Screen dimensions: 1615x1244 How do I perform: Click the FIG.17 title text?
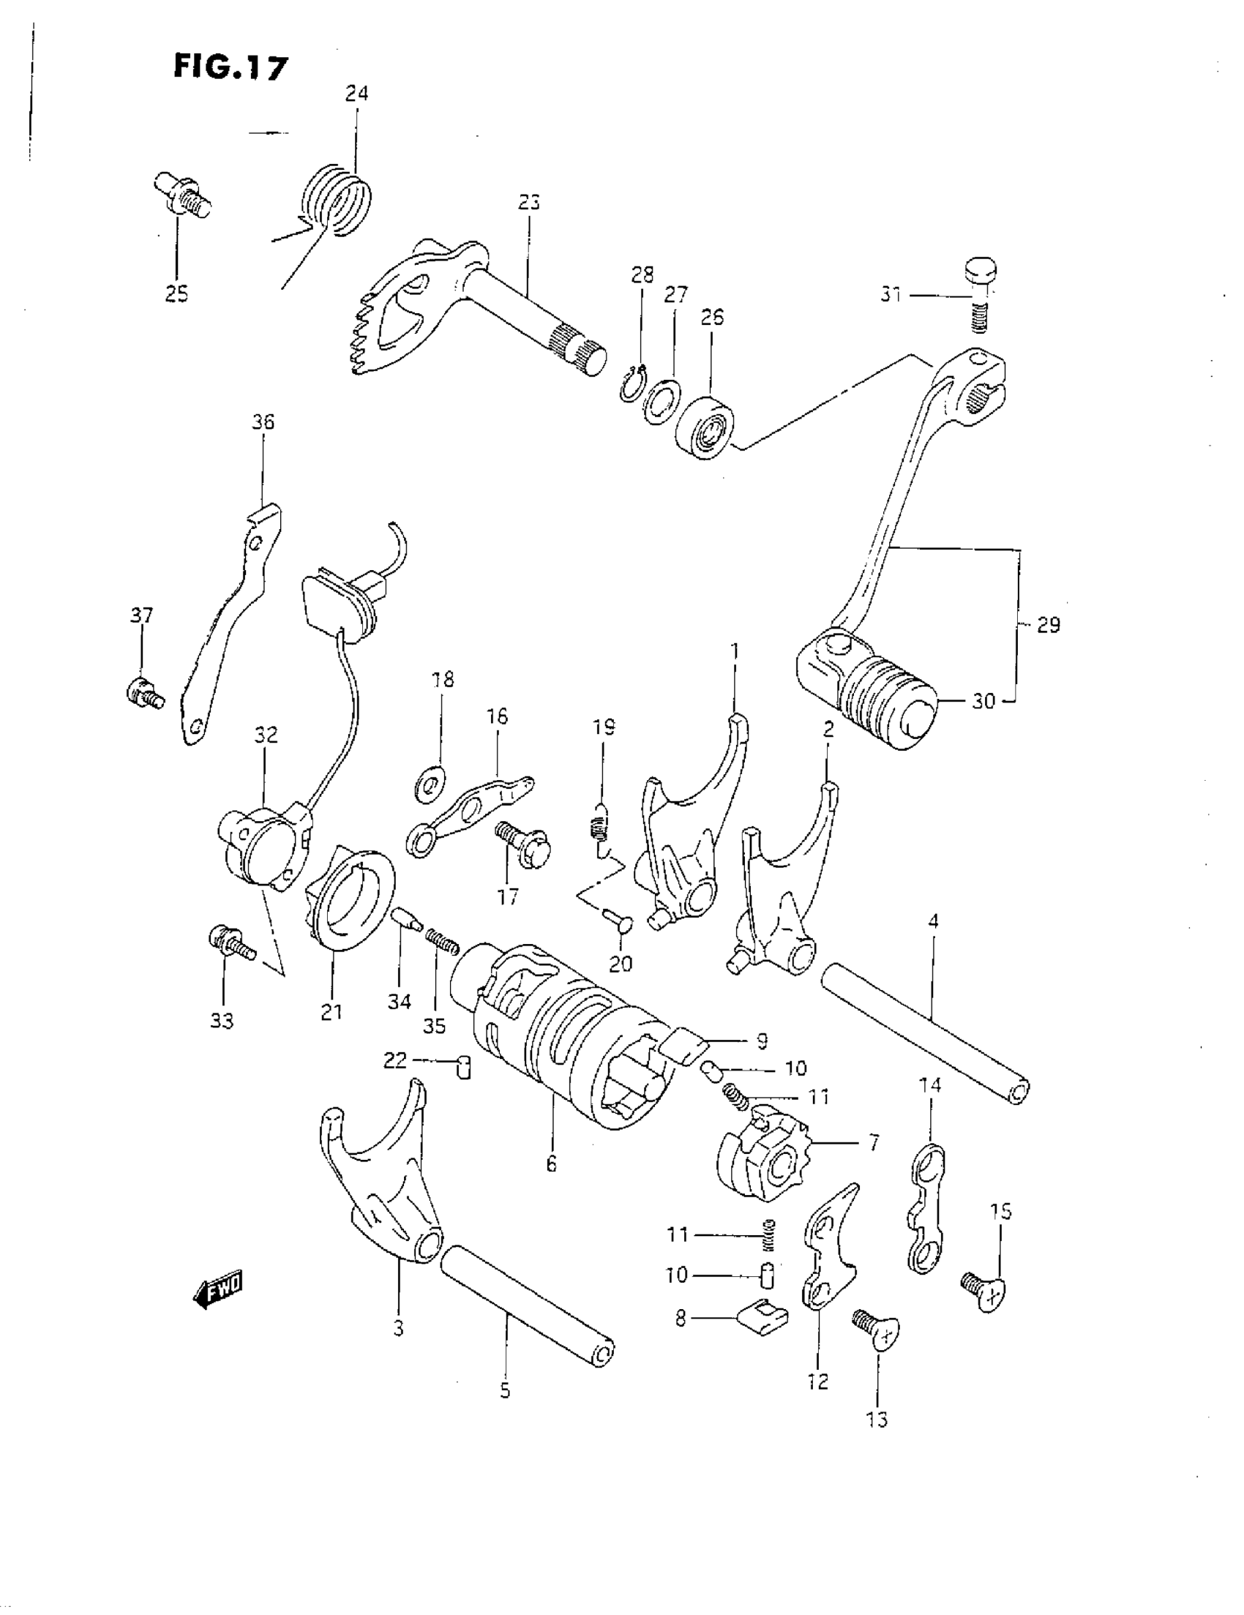tap(230, 67)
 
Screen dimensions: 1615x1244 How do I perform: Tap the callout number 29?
tap(1048, 626)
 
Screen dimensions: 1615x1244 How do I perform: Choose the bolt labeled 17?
tap(522, 845)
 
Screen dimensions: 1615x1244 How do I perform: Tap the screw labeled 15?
tap(985, 1289)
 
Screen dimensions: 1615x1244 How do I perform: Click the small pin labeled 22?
tap(464, 1068)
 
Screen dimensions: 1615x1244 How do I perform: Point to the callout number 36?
tap(263, 422)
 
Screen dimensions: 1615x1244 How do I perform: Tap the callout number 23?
tap(530, 203)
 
